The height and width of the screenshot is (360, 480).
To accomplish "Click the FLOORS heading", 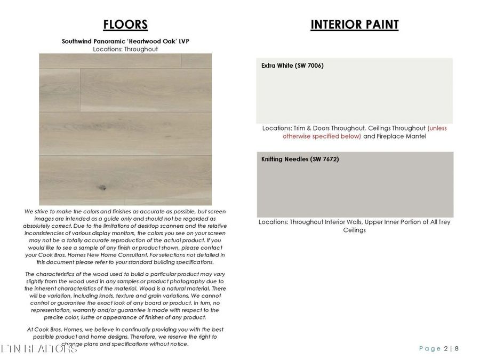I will coord(125,25).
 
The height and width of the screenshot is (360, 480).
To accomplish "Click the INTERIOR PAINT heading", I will coord(354,25).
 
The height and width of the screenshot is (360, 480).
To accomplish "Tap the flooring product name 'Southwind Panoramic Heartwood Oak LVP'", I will coord(125,41).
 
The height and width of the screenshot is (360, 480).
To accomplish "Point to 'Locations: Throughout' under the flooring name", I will coord(125,49).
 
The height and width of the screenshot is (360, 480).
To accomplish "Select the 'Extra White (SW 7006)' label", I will coord(292,66).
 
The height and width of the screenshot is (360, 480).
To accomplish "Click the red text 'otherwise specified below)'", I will coord(322,137).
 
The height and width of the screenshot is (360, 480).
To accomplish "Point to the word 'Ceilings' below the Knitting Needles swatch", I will coord(354,230).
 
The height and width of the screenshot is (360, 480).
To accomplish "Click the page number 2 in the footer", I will coord(446,348).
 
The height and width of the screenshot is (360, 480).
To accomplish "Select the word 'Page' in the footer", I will coord(429,348).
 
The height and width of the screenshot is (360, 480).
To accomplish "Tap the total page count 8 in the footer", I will coord(457,348).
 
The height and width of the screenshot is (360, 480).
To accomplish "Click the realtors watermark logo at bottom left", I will coord(40,349).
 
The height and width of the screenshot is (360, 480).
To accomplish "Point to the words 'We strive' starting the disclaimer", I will coord(37,212).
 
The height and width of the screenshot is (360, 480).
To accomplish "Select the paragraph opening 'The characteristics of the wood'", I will coord(125,295).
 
